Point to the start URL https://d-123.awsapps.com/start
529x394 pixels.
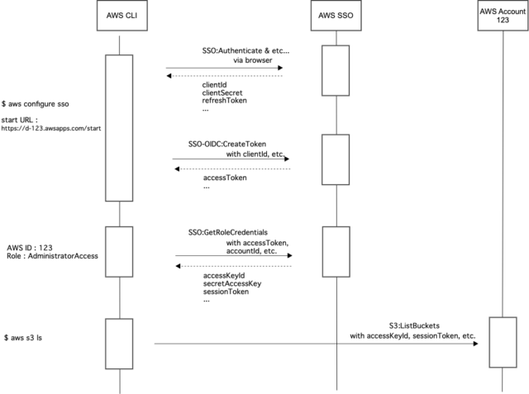point(50,128)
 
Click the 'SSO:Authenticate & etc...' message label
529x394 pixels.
point(245,51)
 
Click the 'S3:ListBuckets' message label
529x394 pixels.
point(416,325)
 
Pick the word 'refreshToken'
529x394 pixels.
point(225,101)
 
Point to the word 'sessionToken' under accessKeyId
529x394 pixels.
point(226,292)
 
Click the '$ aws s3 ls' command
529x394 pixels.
point(27,338)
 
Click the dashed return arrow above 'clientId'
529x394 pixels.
point(224,77)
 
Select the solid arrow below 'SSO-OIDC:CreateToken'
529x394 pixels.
point(231,159)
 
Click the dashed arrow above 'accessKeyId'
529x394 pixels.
point(233,266)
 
